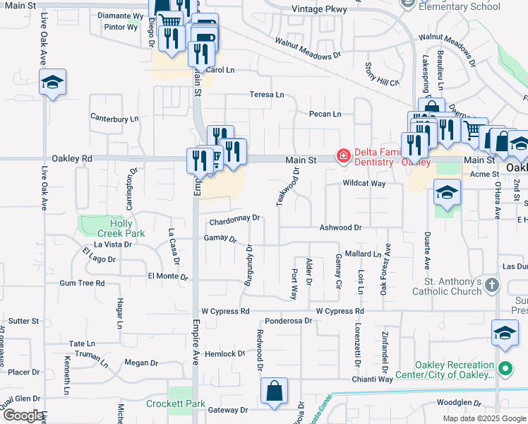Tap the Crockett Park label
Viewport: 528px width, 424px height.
click(x=176, y=404)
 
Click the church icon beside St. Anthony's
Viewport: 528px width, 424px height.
click(x=492, y=286)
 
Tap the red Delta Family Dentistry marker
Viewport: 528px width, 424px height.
click(x=343, y=155)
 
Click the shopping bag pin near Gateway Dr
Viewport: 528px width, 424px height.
click(x=274, y=391)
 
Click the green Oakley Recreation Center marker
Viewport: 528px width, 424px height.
click(x=505, y=368)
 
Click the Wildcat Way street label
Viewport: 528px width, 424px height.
click(x=364, y=184)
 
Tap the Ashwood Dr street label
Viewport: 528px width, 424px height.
click(x=340, y=228)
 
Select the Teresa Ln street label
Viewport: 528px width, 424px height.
click(x=267, y=95)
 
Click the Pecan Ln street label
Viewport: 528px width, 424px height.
click(x=325, y=114)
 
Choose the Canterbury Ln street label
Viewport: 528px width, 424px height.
click(x=114, y=118)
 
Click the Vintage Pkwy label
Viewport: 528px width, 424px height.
click(x=320, y=9)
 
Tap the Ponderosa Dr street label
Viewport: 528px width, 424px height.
click(x=288, y=320)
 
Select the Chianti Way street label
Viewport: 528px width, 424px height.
click(x=374, y=379)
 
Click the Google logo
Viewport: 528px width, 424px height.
click(x=23, y=416)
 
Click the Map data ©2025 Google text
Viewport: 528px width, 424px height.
click(x=484, y=418)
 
